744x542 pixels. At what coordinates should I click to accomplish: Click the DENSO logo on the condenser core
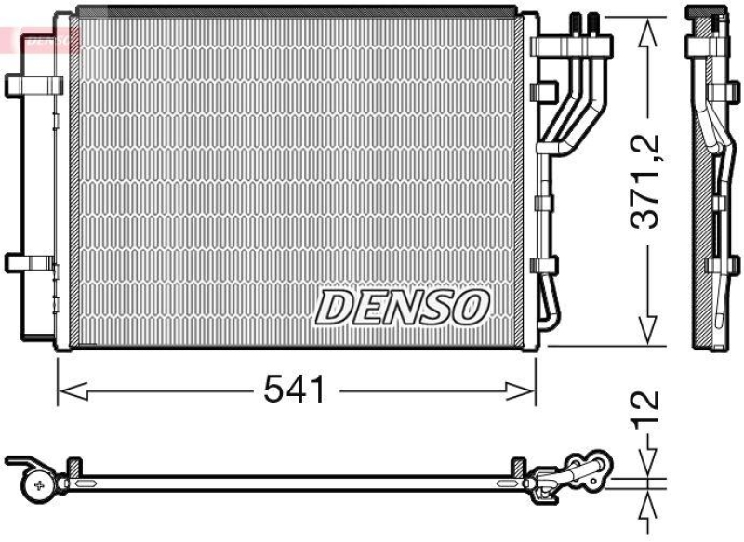click(x=402, y=307)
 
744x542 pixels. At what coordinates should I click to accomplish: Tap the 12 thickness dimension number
click(x=648, y=413)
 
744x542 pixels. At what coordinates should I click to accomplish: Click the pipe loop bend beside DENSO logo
click(x=551, y=307)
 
